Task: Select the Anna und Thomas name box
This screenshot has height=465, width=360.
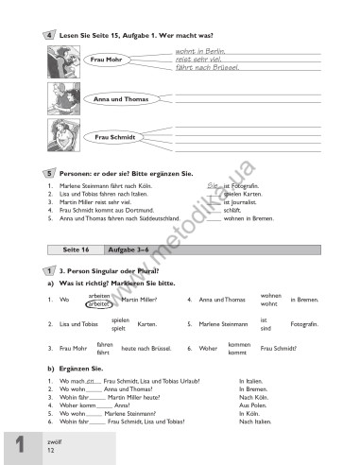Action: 111,98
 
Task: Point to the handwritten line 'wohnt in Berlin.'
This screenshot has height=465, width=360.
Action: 199,49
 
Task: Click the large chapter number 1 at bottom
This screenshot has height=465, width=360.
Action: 21,446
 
